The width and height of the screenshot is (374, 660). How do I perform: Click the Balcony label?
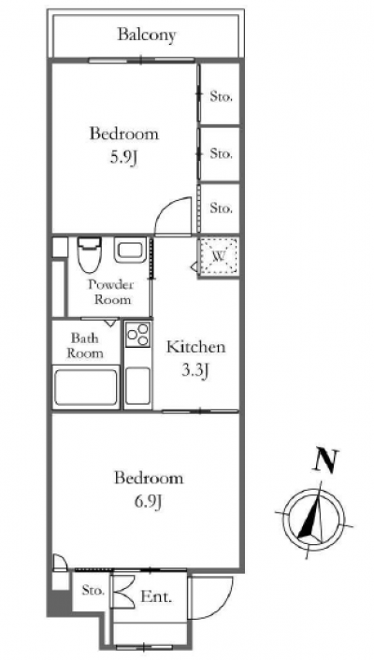point(146,35)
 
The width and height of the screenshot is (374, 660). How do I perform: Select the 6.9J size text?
point(149,501)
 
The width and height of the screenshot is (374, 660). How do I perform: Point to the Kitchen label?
point(195,347)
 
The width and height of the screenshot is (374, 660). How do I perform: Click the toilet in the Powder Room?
point(89,254)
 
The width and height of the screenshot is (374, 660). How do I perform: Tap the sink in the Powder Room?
point(130,251)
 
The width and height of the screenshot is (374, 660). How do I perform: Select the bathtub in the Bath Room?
point(86,387)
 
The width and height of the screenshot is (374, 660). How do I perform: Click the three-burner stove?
point(138,334)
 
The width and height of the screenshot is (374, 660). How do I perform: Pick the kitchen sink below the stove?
point(138,385)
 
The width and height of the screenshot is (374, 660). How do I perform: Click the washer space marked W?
point(219,255)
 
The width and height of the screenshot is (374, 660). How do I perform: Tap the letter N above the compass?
point(325,461)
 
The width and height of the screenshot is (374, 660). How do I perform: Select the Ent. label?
point(156,596)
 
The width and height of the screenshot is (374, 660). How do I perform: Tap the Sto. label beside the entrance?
point(93,591)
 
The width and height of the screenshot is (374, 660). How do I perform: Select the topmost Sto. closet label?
point(221,97)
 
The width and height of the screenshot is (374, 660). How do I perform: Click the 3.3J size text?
point(195,371)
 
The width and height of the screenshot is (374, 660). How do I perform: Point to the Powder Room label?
point(111,292)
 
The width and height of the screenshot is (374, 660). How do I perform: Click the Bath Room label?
point(85,345)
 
